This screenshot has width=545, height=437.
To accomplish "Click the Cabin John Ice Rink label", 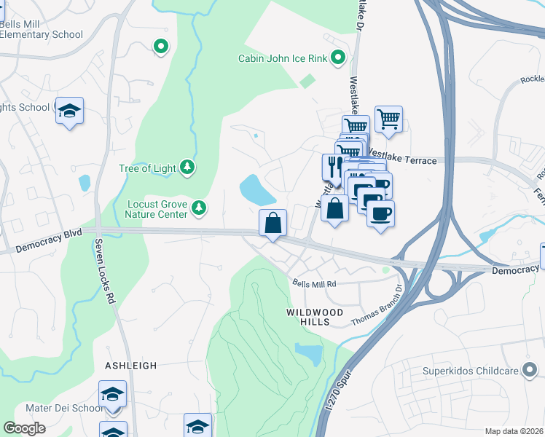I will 283,58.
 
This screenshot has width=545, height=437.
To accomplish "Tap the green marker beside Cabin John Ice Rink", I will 338,58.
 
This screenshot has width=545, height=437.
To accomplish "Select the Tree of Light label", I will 147,168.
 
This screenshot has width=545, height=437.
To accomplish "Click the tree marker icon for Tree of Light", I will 188,168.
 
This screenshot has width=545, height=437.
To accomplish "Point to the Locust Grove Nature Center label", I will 157,209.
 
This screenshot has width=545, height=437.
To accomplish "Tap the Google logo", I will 24,428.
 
